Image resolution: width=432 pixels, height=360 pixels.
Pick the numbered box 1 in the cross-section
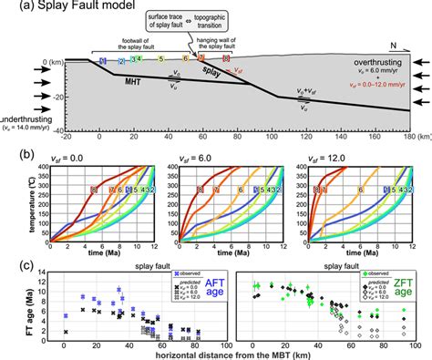coord(104,60)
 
